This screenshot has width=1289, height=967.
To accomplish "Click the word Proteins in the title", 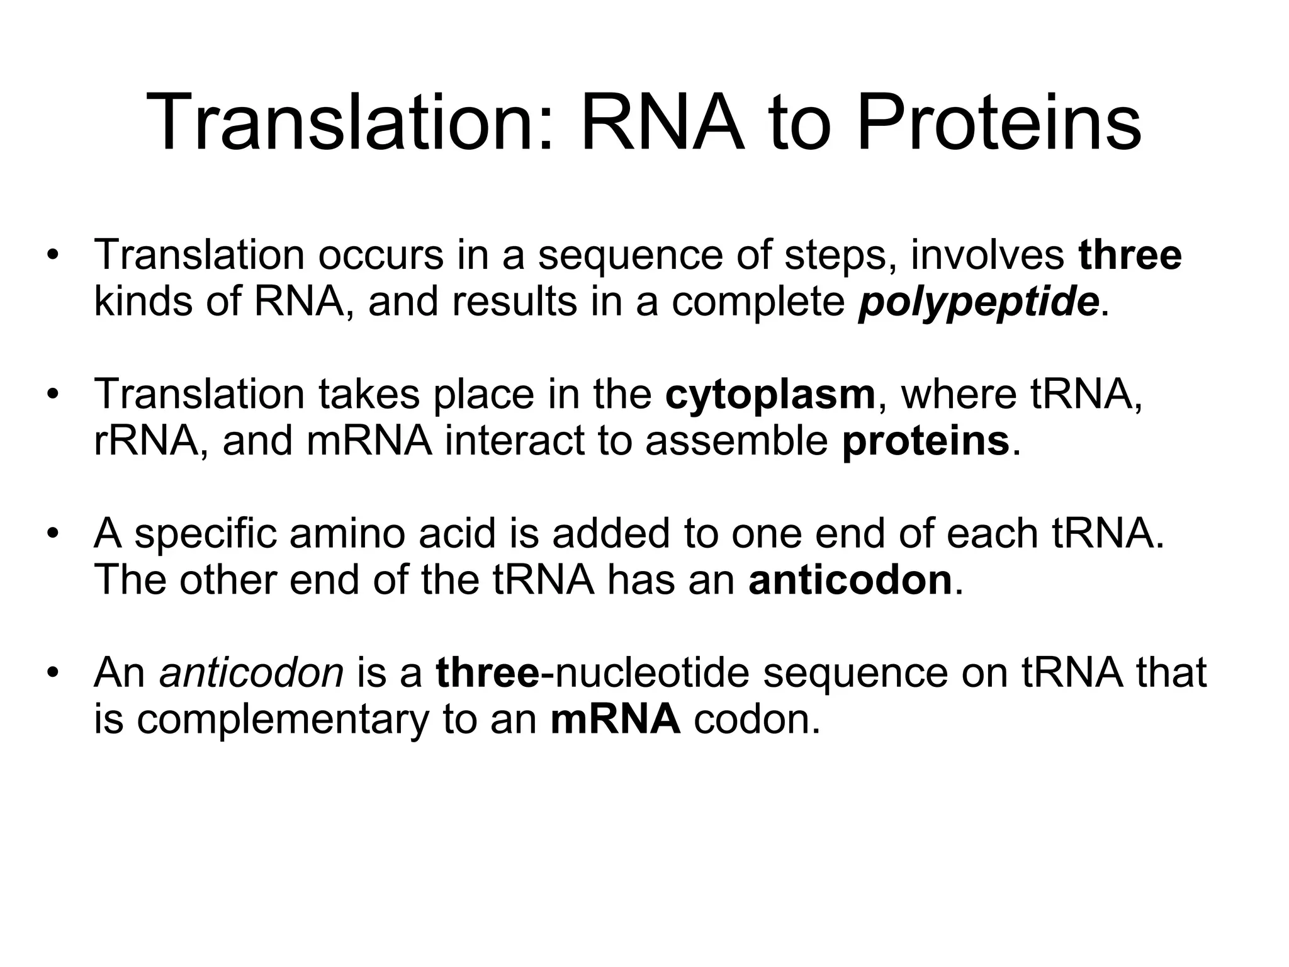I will [999, 123].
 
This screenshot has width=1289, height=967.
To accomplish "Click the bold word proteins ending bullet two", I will [925, 441].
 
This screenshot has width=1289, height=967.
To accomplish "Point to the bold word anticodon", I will [850, 580].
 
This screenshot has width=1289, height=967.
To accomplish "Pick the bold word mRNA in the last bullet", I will [616, 720].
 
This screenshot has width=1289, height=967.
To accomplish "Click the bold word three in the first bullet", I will [1130, 256].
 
